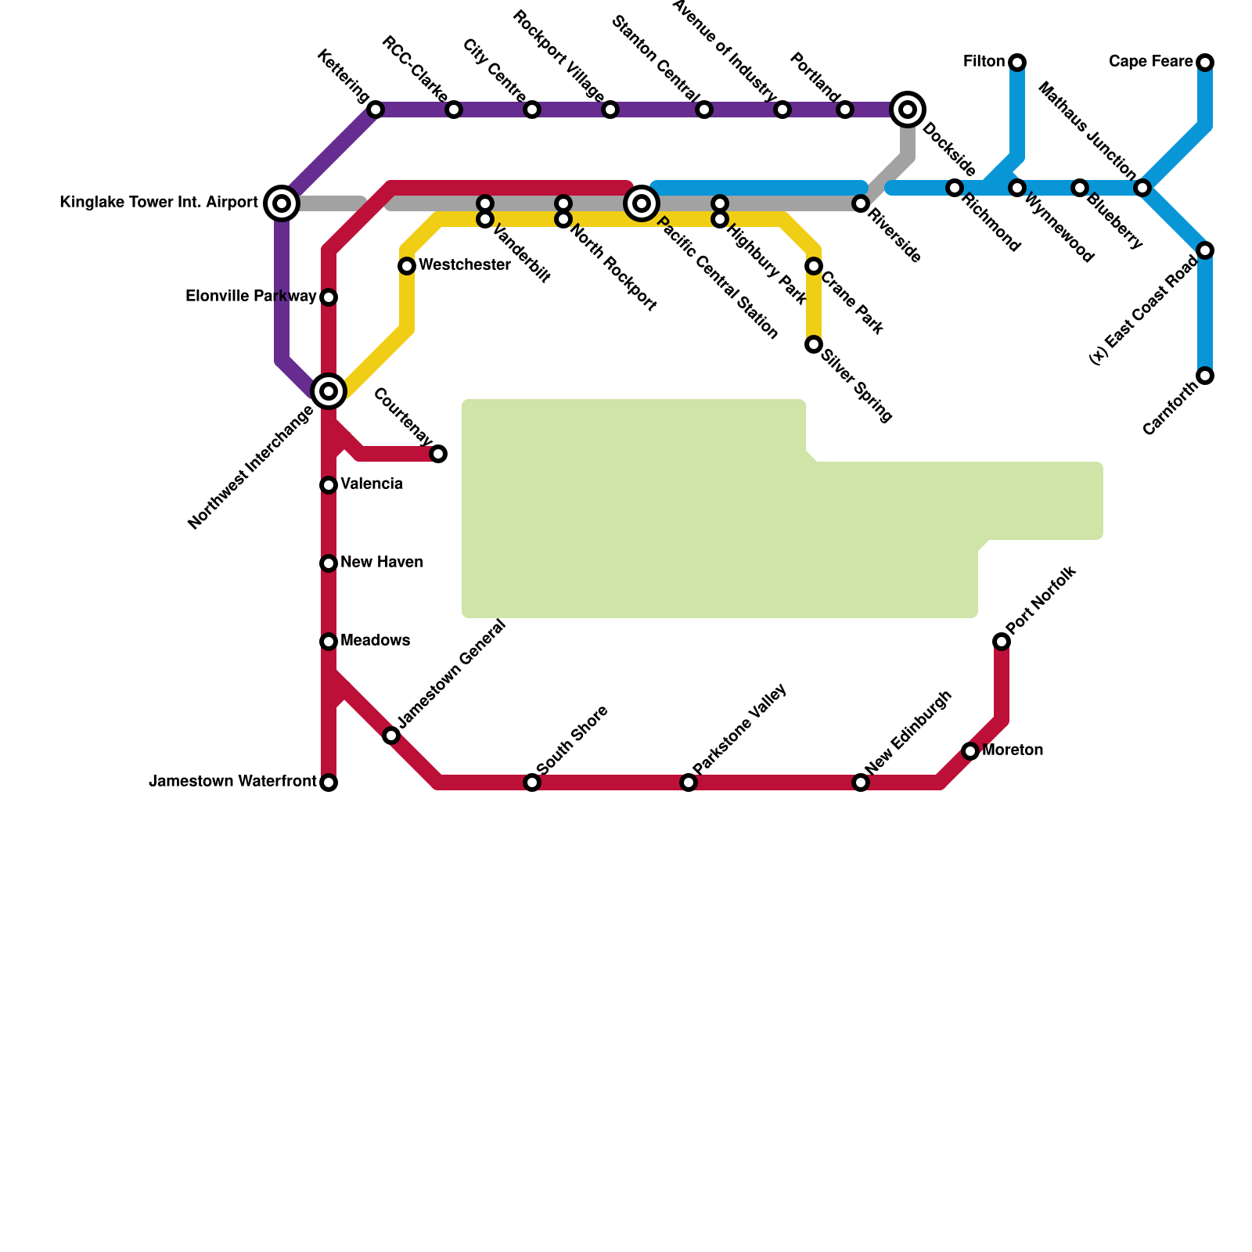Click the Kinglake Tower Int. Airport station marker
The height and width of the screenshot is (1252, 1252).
282,203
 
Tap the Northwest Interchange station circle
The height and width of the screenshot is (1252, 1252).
329,391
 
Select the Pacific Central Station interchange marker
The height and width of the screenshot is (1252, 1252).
642,203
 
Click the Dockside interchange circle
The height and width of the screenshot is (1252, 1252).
908,110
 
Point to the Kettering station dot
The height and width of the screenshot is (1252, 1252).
376,110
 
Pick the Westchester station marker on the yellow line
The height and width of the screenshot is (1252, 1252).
407,266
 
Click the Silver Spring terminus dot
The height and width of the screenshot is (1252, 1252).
814,344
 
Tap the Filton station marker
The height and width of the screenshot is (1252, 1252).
1017,63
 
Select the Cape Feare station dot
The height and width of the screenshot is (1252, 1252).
1205,63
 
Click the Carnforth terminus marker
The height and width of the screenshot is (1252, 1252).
1205,376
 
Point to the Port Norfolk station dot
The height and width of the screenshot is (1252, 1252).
1002,642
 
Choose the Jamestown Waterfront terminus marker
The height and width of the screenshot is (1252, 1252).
329,782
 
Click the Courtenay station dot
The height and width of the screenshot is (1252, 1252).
438,454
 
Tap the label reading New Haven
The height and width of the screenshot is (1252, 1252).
382,563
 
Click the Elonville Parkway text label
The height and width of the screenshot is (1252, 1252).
251,297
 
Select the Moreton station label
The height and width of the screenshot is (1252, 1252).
1013,750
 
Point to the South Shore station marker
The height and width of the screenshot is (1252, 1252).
532,782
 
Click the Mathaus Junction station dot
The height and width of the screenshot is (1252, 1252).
1142,188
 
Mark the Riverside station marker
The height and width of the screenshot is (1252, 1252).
861,203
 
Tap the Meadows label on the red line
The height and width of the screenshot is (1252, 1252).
376,641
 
